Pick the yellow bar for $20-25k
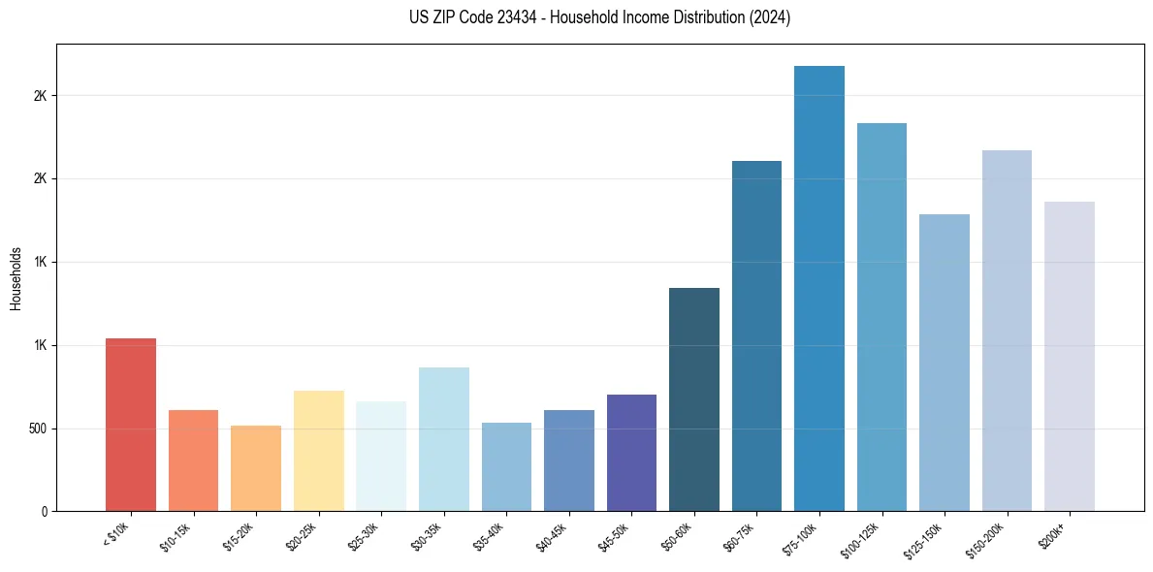point(318,451)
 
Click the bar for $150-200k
point(1007,331)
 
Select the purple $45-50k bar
point(631,453)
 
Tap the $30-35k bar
point(443,439)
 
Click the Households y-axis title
point(16,277)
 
